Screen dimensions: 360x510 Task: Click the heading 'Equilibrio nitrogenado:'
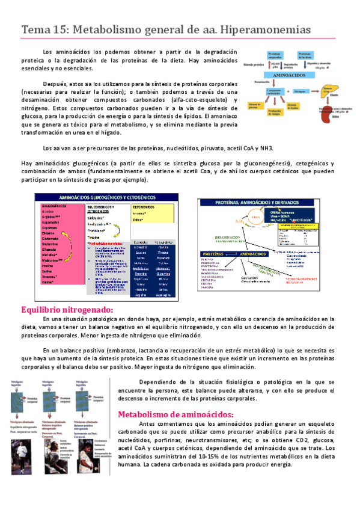click(67, 309)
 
